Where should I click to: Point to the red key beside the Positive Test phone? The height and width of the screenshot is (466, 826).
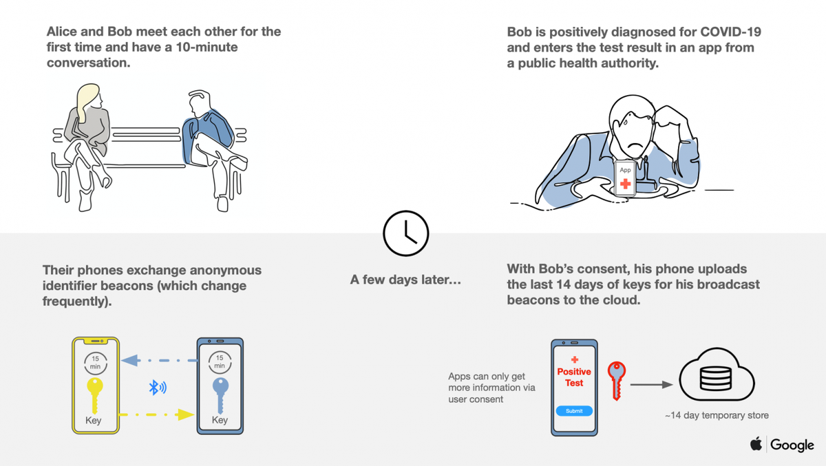pyautogui.click(x=616, y=378)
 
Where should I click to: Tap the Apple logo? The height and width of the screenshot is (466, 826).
pyautogui.click(x=756, y=444)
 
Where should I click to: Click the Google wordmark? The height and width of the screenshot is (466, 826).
pyautogui.click(x=792, y=445)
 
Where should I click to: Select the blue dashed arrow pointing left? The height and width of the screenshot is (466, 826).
pyautogui.click(x=158, y=359)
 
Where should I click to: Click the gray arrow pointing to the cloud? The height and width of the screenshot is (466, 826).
pyautogui.click(x=650, y=385)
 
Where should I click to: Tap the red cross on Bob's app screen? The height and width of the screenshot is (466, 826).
pyautogui.click(x=625, y=184)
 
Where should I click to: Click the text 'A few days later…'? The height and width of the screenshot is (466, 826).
pyautogui.click(x=406, y=280)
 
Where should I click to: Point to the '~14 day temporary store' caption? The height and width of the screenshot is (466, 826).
pyautogui.click(x=716, y=415)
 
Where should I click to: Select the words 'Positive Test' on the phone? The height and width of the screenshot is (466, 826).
pyautogui.click(x=574, y=377)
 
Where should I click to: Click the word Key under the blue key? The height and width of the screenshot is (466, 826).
pyautogui.click(x=220, y=420)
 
